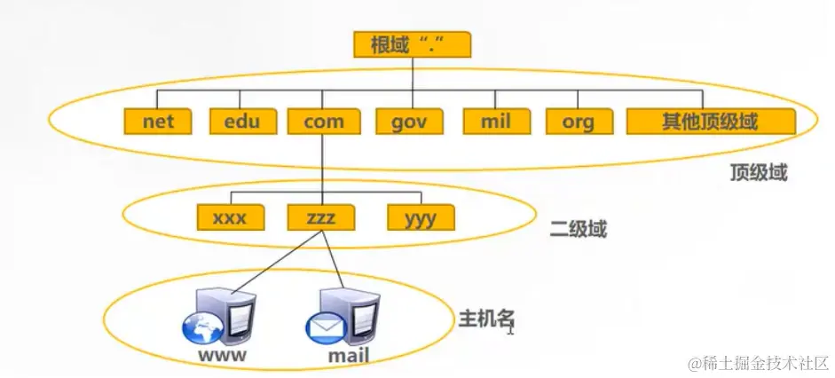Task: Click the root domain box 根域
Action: (411, 44)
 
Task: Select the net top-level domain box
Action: (158, 121)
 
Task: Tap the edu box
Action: (241, 121)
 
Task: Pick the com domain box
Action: (323, 121)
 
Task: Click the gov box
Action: (410, 121)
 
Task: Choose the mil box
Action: (496, 121)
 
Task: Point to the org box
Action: (577, 121)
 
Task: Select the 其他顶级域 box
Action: (710, 121)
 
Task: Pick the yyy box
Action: (420, 217)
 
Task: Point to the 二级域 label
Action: (579, 230)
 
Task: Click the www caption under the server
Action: (223, 358)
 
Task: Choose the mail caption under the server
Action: (348, 358)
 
